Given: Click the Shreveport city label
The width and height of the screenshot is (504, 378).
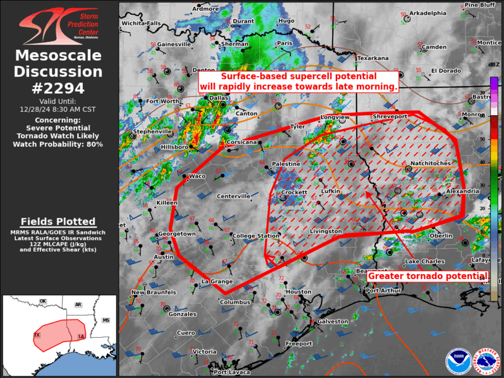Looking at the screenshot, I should point(390,116).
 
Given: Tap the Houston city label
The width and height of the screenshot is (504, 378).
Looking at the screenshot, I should point(299,291).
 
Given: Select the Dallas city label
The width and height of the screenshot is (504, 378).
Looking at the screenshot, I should point(219,98).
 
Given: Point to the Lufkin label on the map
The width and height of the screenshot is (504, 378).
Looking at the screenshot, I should point(331,192).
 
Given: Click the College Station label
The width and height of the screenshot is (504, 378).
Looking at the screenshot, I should point(256,236).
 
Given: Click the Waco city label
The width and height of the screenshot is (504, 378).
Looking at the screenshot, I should point(197,176).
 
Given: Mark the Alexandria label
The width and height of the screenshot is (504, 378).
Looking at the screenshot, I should point(462,191).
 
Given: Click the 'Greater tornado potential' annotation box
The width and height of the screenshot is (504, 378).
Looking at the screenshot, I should point(429,276).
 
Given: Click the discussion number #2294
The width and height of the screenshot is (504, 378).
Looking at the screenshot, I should point(58,88).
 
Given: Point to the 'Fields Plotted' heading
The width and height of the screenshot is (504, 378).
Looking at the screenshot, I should point(58,221).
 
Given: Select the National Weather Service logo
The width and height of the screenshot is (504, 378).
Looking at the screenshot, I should point(486,361).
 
